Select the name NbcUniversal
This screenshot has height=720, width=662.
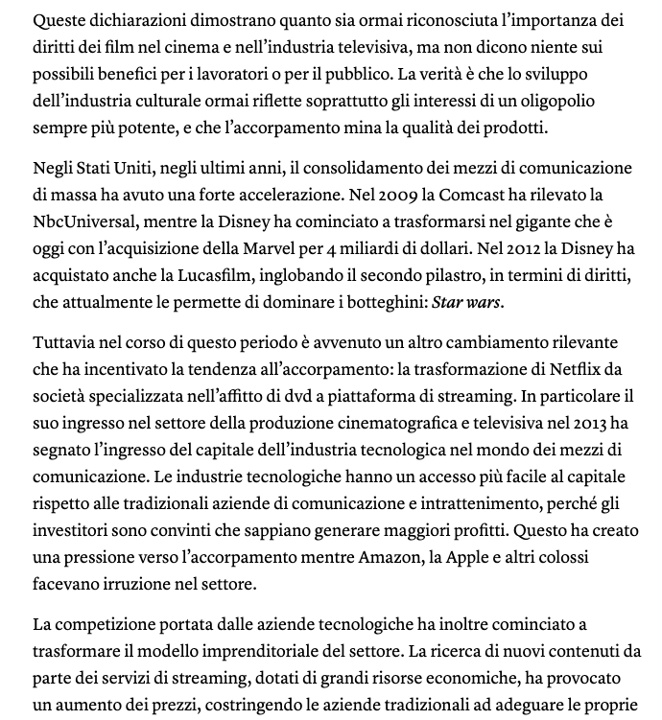80,221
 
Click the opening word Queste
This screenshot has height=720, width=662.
59,20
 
